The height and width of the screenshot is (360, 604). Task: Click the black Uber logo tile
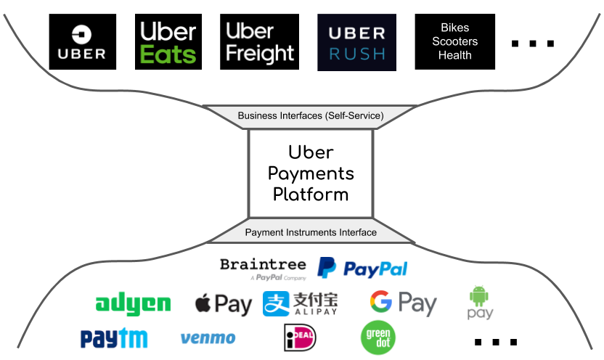point(82,42)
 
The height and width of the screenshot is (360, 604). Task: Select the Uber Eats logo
point(168,42)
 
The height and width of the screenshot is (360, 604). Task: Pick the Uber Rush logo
point(356,42)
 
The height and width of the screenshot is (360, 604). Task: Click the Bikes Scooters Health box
point(454,42)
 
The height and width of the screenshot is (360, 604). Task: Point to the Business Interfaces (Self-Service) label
point(311,116)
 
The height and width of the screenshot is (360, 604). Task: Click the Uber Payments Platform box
point(311,173)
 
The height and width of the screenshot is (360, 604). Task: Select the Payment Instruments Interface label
point(311,232)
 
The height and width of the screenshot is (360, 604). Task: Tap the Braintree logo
point(263,268)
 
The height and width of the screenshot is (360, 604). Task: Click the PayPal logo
point(363,269)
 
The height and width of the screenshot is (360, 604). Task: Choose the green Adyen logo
point(133,303)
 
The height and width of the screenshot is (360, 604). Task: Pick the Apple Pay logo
point(223,303)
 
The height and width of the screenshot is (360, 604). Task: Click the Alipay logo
point(301,303)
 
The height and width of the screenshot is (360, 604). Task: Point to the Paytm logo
point(114,337)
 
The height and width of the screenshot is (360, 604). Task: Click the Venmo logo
point(208,337)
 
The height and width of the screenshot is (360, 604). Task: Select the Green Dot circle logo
point(377,337)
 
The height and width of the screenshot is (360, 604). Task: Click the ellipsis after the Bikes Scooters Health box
point(532,44)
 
